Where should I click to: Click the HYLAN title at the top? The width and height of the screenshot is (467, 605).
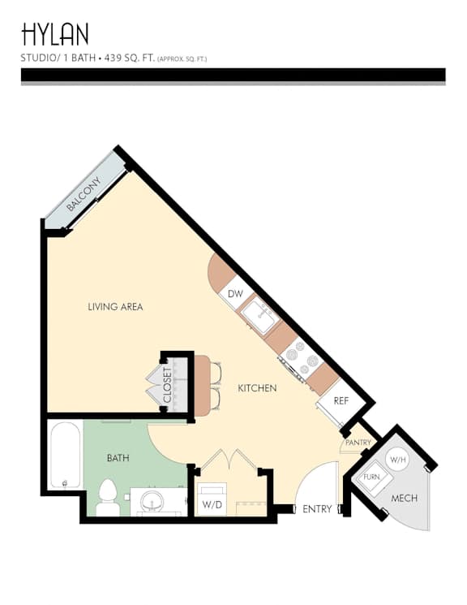tap(55, 34)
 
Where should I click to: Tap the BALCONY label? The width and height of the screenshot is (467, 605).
tap(84, 194)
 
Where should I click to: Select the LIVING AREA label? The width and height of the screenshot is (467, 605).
tap(115, 307)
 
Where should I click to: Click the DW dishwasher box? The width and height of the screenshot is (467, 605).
tap(235, 294)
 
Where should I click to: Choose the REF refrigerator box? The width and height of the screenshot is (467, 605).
tap(341, 401)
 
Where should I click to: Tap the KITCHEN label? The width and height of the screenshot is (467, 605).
tap(257, 388)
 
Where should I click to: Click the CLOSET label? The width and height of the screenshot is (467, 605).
tap(167, 385)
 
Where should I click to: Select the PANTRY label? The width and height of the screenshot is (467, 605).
tap(358, 443)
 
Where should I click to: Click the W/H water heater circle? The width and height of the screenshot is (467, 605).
tap(397, 460)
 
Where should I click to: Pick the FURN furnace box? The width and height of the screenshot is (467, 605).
tap(372, 478)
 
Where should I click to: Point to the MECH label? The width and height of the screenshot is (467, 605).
tap(405, 498)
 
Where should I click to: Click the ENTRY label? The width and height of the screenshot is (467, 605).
tap(317, 509)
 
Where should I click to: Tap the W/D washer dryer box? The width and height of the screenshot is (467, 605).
tap(212, 500)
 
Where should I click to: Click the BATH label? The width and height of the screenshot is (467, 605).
tap(118, 458)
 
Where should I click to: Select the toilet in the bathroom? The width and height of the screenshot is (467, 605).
tap(108, 498)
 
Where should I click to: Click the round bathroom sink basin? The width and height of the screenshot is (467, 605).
tap(153, 501)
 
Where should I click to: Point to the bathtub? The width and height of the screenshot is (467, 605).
tap(66, 456)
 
